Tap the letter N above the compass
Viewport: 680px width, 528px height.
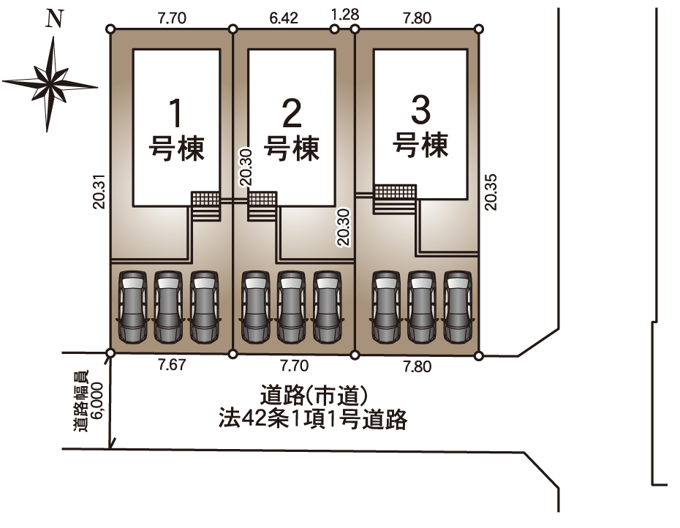pos(53,20)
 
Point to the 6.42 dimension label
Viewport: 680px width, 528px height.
pos(284,18)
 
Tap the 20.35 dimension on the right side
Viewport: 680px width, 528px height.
pos(491,192)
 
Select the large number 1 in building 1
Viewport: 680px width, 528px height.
pos(175,113)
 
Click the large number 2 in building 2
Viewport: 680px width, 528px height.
pos(292,113)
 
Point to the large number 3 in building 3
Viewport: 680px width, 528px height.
pos(420,111)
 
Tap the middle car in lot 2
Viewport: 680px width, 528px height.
pos(291,306)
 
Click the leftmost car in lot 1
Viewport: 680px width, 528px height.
pos(132,306)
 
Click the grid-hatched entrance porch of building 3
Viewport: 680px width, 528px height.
pos(395,192)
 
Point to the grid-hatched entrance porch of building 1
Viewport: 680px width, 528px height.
pos(205,199)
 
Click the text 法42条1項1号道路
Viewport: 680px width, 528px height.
pos(312,420)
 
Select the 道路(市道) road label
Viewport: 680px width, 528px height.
pos(312,397)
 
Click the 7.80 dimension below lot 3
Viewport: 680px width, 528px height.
pos(417,366)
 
